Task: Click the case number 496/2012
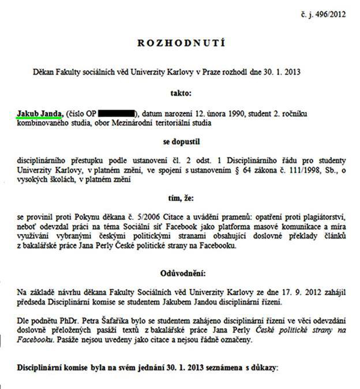[x=330, y=12]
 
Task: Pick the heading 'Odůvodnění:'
[x=182, y=271]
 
